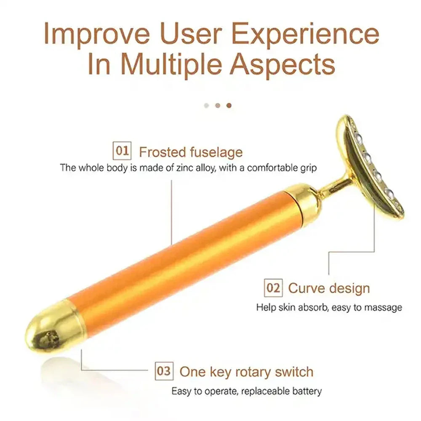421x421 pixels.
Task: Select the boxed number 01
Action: [x=122, y=151]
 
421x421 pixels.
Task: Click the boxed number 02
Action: [x=273, y=288]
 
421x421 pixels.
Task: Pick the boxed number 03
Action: [x=163, y=371]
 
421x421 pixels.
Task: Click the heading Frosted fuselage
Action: [x=191, y=152]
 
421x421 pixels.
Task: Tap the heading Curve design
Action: [x=329, y=288]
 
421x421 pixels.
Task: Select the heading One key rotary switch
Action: [x=246, y=372]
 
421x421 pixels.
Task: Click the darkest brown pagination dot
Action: [x=229, y=105]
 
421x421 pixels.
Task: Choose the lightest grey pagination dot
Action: [x=206, y=105]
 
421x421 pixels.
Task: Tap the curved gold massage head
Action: [x=370, y=168]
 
